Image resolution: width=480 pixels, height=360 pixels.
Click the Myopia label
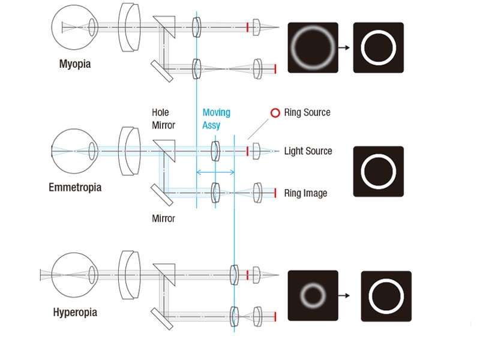75,64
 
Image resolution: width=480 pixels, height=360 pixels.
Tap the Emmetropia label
75,187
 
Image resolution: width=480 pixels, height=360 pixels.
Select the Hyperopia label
75,313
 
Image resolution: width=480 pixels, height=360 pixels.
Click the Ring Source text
307,112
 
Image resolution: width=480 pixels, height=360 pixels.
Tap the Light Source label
308,151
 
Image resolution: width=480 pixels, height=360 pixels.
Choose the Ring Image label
306,193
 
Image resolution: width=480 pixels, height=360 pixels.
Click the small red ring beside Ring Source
275,113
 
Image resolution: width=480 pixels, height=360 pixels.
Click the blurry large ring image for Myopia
313,48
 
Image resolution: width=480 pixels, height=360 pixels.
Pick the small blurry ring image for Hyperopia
313,295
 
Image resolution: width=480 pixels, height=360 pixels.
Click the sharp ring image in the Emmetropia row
378,171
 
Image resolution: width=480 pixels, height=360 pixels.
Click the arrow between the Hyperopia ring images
349,295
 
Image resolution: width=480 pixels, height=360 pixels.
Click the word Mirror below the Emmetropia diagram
163,218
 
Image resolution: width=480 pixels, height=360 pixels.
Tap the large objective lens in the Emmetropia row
129,151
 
